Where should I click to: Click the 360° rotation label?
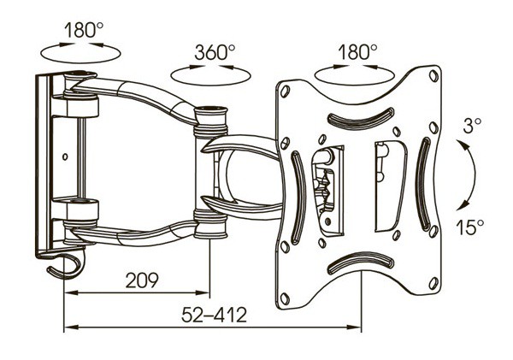[x=215, y=52]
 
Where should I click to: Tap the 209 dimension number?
[x=142, y=280]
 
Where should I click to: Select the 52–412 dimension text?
[x=214, y=315]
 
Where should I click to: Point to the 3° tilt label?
[x=472, y=125]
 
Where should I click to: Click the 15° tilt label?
[x=469, y=227]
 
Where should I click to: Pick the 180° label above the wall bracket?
[x=84, y=30]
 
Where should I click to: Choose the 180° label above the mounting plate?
[x=357, y=52]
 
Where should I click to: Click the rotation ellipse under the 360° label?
[x=210, y=86]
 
